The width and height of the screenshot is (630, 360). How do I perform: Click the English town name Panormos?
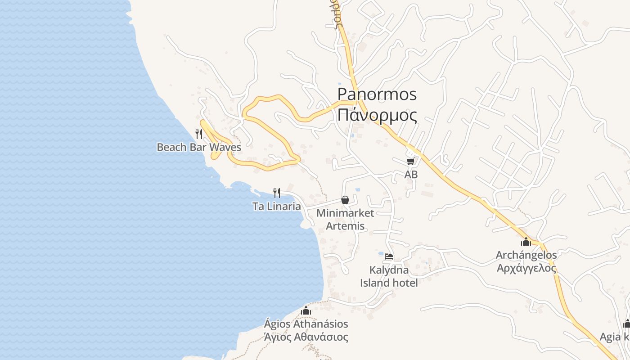tap(377, 94)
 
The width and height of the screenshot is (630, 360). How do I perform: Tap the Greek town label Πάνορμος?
tap(377, 115)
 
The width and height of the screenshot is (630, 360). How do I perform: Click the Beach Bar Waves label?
tap(198, 147)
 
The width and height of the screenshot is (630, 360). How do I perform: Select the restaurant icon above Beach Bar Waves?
tap(198, 134)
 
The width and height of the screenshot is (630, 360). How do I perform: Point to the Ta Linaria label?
tap(276, 207)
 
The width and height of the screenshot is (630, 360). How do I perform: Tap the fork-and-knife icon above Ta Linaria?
tap(277, 193)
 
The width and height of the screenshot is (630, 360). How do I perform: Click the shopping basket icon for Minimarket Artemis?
tap(345, 200)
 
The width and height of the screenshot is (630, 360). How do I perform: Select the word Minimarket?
tap(345, 213)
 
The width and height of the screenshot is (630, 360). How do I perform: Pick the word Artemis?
tap(345, 226)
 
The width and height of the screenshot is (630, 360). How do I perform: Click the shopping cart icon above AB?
tap(410, 161)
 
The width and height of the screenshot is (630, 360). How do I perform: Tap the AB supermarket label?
tap(411, 174)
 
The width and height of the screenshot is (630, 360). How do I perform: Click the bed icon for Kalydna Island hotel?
tap(389, 256)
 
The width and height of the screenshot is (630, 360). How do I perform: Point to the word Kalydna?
tap(389, 270)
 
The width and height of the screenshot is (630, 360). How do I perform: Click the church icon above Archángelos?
tap(526, 242)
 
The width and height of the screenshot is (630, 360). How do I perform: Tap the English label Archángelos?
tap(526, 255)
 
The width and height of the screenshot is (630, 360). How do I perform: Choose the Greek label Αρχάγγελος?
tap(526, 268)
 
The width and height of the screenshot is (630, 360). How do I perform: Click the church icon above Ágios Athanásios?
tap(306, 310)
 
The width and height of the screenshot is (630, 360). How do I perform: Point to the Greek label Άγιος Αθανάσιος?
tap(306, 337)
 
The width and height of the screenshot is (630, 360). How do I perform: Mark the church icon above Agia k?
tap(626, 324)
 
